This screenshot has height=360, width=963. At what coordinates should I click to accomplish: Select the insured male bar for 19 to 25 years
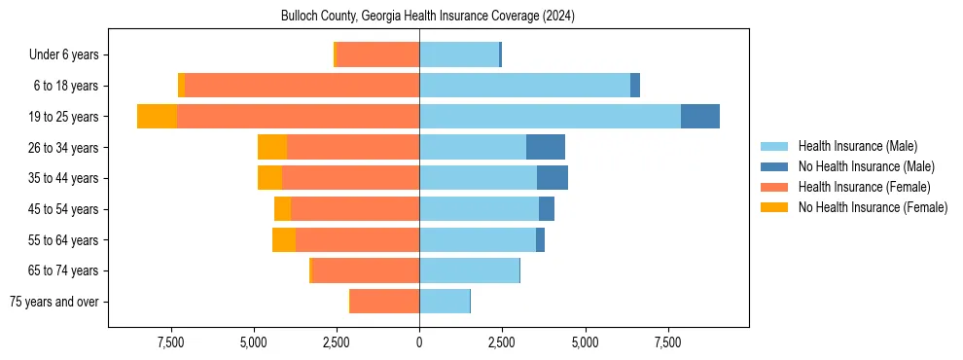click(550, 117)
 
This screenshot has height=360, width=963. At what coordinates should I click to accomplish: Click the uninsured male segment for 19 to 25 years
click(700, 117)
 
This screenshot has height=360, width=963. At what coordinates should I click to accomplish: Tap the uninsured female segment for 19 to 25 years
click(157, 117)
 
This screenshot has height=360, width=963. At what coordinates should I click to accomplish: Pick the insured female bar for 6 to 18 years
click(302, 86)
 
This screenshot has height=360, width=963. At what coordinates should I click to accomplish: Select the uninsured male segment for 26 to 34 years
click(546, 147)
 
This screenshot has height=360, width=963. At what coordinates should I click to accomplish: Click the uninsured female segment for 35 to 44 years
click(269, 178)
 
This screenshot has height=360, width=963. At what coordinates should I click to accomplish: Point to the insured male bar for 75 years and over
click(445, 302)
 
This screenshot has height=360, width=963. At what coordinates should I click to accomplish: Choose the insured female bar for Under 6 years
click(377, 54)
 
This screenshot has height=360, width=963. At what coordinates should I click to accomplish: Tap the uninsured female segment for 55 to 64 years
click(284, 239)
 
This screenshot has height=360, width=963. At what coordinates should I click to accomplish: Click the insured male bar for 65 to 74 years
click(469, 270)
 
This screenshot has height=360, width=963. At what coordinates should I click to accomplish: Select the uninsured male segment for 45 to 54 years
click(547, 209)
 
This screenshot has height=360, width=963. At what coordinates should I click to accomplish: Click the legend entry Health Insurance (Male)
click(857, 146)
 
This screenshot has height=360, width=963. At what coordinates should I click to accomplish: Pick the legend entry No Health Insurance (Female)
click(872, 207)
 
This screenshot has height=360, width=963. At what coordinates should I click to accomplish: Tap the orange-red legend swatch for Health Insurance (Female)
click(774, 187)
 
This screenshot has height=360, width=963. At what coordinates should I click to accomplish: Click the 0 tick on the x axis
click(419, 342)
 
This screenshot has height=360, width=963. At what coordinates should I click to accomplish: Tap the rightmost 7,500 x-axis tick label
click(668, 342)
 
